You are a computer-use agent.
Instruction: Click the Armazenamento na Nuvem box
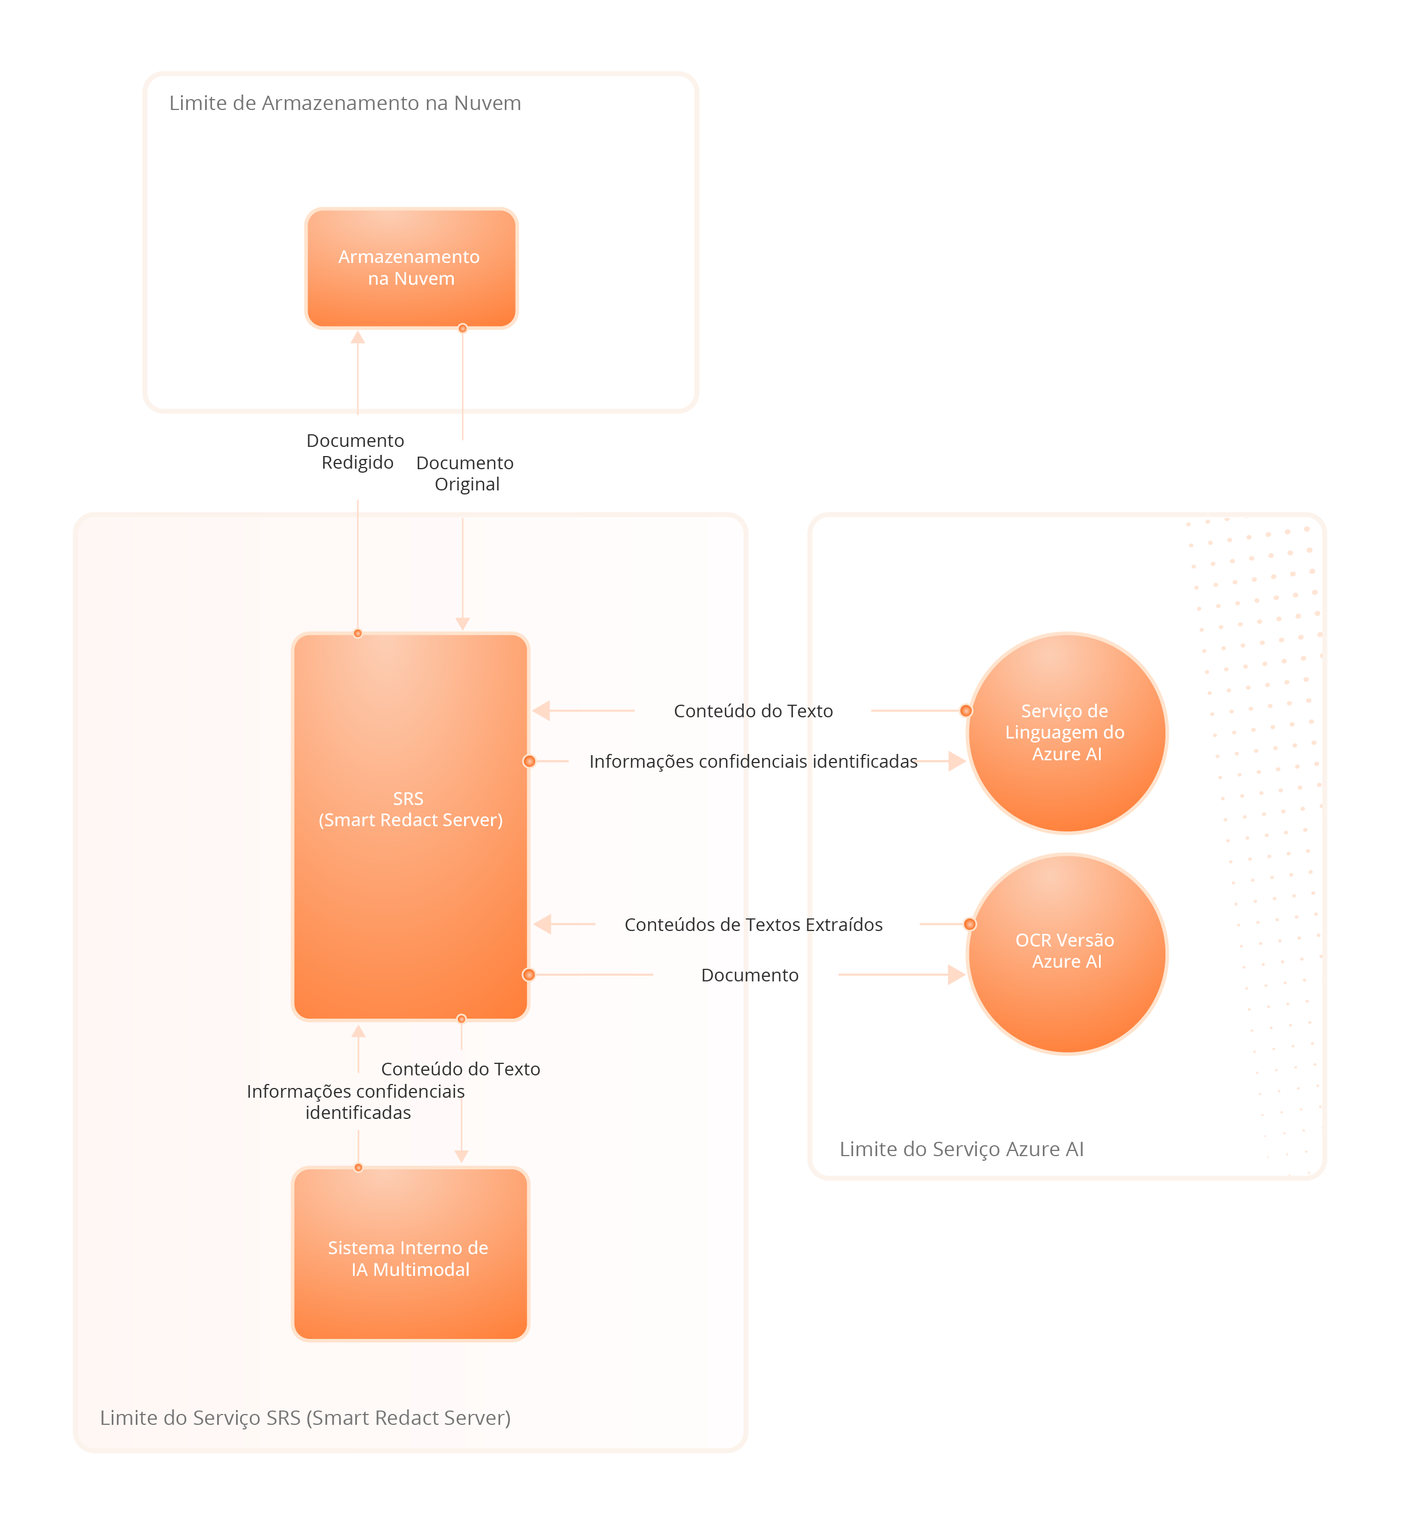point(411,268)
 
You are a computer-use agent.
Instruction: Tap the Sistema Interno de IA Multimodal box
point(411,1253)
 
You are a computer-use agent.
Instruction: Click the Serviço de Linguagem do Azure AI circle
point(1066,733)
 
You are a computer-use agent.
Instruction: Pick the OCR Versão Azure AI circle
point(1066,953)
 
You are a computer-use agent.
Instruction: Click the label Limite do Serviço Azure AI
point(961,1149)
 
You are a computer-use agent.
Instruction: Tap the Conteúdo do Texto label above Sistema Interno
point(461,1068)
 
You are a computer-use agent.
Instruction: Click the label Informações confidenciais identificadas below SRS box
point(356,1102)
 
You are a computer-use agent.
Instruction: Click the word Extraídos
point(845,924)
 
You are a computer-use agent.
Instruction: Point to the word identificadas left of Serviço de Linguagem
point(865,761)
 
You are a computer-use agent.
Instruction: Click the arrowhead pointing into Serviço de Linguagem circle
point(956,761)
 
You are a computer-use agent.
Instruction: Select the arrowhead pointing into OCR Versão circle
point(956,975)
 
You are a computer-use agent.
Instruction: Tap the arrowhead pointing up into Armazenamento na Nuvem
point(358,337)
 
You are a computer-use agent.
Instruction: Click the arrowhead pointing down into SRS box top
point(462,623)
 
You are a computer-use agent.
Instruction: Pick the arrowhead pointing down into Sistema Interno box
point(461,1156)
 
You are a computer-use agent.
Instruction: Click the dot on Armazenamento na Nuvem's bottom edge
point(463,328)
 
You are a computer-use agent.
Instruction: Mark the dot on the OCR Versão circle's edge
point(969,924)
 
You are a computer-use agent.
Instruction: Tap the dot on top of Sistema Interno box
point(358,1167)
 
